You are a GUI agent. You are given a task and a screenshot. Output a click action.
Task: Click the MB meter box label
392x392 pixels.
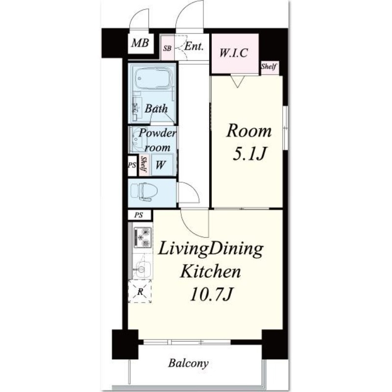tap(140, 43)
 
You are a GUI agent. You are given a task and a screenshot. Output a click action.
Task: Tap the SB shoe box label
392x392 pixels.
tap(167, 48)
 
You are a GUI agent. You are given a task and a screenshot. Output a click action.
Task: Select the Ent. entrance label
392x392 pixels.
tap(194, 46)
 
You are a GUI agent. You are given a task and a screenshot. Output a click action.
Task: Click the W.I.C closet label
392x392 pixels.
tap(234, 53)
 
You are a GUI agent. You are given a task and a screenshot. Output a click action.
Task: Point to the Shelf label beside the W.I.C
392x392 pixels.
tap(269, 67)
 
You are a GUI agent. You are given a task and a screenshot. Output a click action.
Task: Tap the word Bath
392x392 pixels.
tap(156, 108)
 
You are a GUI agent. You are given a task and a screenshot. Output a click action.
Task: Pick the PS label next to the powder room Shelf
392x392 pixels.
tap(132, 165)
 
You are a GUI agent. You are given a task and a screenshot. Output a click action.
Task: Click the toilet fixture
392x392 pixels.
tap(144, 192)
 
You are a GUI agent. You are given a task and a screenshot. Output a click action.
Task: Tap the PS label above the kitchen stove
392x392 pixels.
tap(139, 215)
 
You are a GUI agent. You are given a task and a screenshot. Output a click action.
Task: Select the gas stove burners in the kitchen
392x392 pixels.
tap(143, 237)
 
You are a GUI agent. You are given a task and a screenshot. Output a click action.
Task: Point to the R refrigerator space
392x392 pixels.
tap(140, 291)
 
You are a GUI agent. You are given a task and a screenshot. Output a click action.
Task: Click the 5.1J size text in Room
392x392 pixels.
tap(248, 154)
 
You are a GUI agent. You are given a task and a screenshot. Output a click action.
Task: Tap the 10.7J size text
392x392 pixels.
tap(212, 294)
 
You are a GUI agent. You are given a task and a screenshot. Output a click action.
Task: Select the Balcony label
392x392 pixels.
tap(188, 363)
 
